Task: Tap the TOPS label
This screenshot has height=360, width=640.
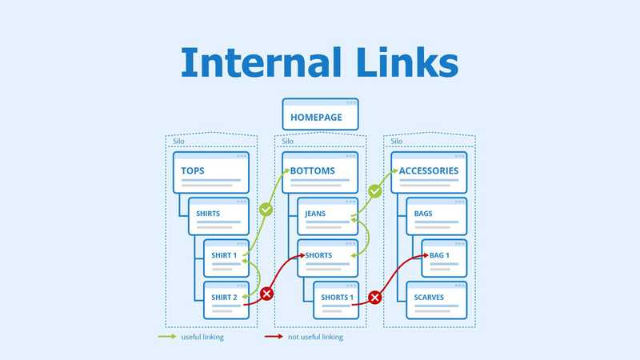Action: pyautogui.click(x=193, y=170)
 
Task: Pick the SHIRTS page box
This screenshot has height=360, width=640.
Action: pyautogui.click(x=218, y=216)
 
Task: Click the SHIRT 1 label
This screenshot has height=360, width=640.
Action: pyautogui.click(x=224, y=255)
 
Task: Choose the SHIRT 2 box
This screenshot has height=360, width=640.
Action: pyautogui.click(x=226, y=301)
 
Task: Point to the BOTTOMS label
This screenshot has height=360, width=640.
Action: pyautogui.click(x=312, y=170)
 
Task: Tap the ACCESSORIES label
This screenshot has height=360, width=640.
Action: pyautogui.click(x=429, y=170)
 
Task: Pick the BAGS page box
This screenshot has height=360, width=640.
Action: pyautogui.click(x=436, y=216)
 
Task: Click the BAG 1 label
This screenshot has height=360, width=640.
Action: pyautogui.click(x=440, y=255)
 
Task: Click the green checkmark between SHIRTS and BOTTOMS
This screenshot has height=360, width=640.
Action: pyautogui.click(x=267, y=210)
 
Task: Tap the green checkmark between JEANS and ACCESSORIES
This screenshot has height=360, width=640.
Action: pyautogui.click(x=374, y=192)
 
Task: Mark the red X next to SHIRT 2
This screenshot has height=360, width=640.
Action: pyautogui.click(x=267, y=294)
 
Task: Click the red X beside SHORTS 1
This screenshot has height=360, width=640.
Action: pyautogui.click(x=374, y=298)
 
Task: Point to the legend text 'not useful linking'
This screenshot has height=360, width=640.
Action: pyautogui.click(x=315, y=337)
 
